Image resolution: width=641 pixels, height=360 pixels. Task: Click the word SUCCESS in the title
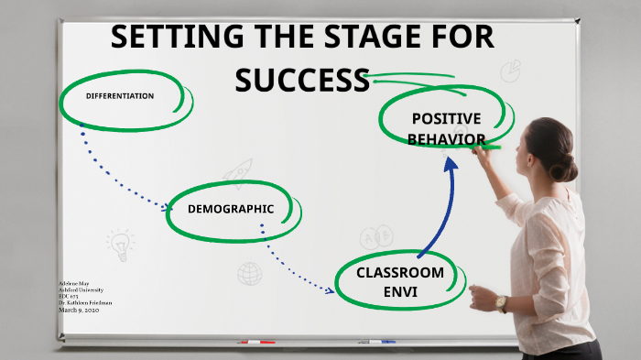(301, 80)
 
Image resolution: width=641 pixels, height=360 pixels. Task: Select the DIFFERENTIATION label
(120, 96)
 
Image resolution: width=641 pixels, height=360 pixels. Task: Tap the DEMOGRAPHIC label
(231, 209)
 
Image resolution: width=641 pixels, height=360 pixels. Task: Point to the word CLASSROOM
(400, 273)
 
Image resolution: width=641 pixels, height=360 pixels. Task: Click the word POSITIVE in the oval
(446, 118)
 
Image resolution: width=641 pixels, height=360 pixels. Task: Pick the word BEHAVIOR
(446, 139)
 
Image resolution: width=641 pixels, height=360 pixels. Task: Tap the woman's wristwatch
(501, 303)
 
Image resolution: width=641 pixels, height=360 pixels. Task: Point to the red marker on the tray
(256, 342)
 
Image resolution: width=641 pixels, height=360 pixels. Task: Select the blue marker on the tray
(376, 342)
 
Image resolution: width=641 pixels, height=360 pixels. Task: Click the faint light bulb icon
(119, 245)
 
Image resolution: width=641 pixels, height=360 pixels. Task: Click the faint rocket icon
(238, 171)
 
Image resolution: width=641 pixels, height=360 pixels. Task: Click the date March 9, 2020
(78, 310)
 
